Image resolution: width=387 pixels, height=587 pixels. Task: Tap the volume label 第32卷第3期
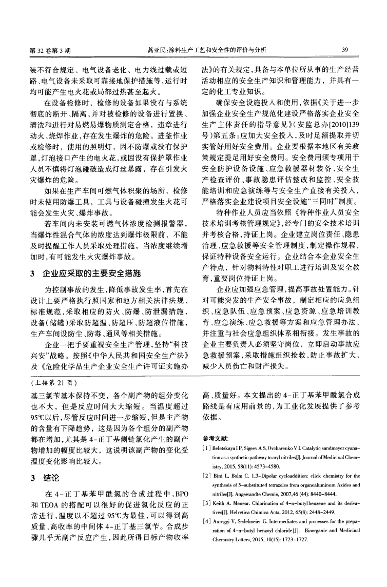tap(49, 50)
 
